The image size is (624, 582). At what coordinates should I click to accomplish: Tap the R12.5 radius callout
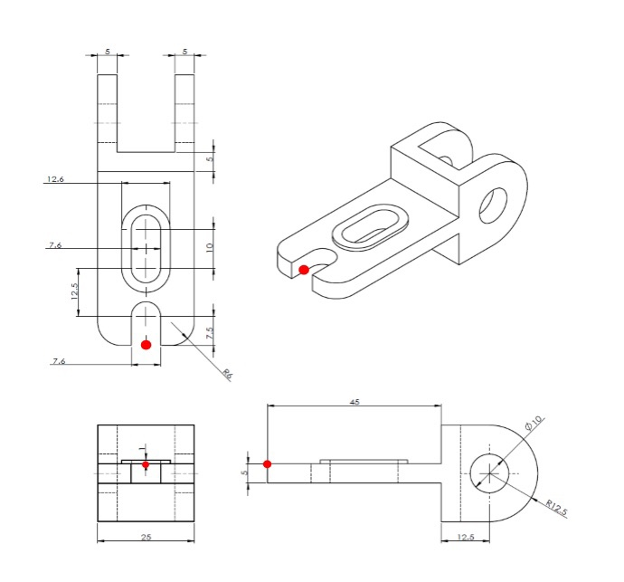(x=553, y=508)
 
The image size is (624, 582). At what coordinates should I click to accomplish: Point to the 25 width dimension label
(x=146, y=536)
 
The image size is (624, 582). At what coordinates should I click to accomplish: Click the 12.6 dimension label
(x=55, y=179)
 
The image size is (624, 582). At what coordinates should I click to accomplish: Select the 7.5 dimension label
(x=211, y=333)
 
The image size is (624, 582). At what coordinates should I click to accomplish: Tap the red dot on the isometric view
(x=304, y=270)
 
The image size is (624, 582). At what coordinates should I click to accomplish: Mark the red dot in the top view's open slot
(x=146, y=344)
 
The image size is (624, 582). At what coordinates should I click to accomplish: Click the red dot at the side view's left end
(x=267, y=464)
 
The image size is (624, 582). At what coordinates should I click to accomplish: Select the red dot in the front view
(x=146, y=465)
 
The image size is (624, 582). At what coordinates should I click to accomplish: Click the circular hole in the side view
(x=489, y=472)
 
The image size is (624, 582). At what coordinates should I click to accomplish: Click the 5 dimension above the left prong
(x=108, y=52)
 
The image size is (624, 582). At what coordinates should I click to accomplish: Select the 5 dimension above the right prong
(x=184, y=52)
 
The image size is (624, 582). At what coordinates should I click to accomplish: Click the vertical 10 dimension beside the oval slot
(x=211, y=246)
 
